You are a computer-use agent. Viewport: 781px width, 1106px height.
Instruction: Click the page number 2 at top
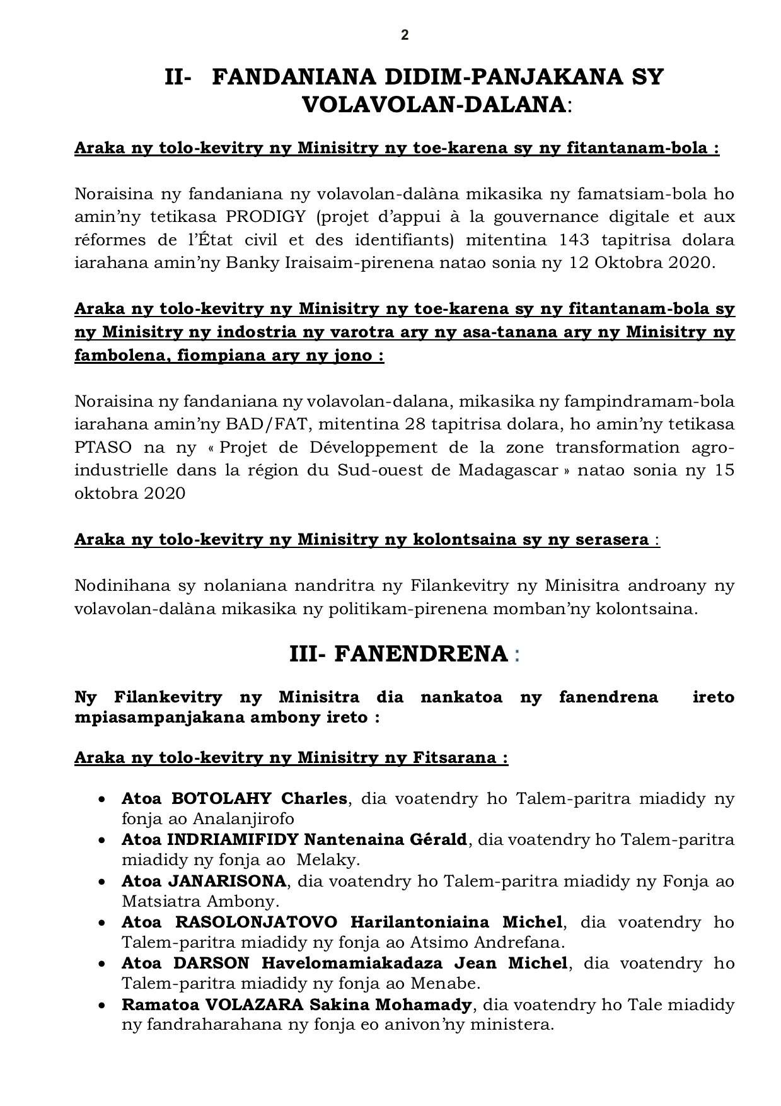405,35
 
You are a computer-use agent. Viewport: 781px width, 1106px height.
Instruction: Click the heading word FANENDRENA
420,654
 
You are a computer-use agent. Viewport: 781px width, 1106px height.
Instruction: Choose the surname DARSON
212,963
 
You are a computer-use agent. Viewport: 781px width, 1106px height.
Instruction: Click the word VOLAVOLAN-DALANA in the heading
434,104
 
